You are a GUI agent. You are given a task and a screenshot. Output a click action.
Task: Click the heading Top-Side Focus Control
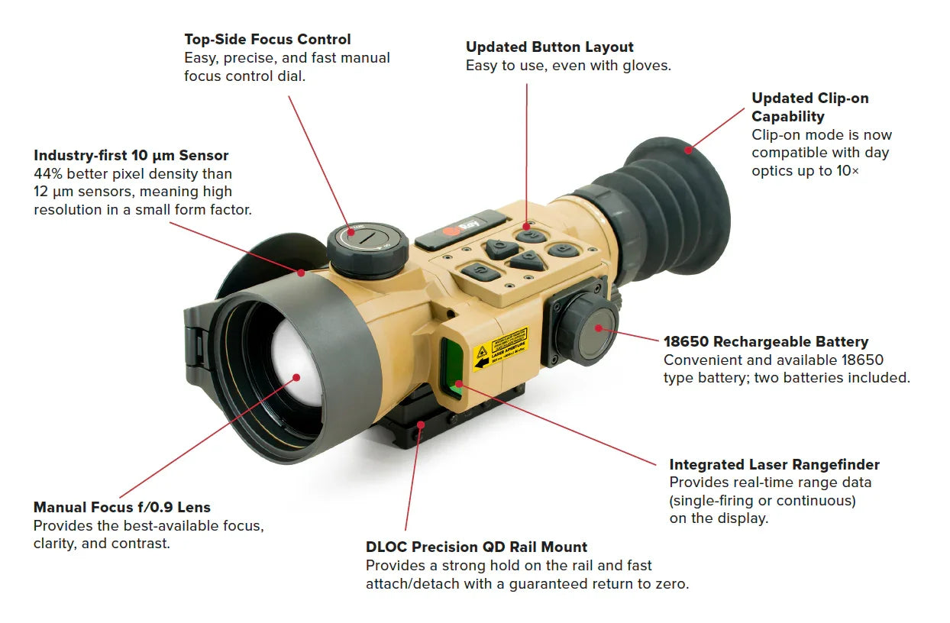coord(267,39)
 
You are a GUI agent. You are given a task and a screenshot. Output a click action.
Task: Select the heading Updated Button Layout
coord(550,47)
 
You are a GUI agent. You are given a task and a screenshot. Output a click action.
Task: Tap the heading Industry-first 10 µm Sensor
coord(131,156)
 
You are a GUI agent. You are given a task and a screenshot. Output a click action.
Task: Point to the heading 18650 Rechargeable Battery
coord(766,341)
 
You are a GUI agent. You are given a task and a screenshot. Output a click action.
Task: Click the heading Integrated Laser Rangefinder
coord(774,464)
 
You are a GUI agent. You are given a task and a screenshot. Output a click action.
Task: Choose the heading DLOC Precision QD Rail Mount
coord(477,547)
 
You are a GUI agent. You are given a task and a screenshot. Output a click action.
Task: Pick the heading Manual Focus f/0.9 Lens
coord(122,507)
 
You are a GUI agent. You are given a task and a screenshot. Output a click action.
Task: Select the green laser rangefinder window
coord(452,366)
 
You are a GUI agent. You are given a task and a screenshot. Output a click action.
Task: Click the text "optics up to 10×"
coord(805,171)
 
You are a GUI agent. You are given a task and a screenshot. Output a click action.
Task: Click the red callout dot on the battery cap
coord(599,328)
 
